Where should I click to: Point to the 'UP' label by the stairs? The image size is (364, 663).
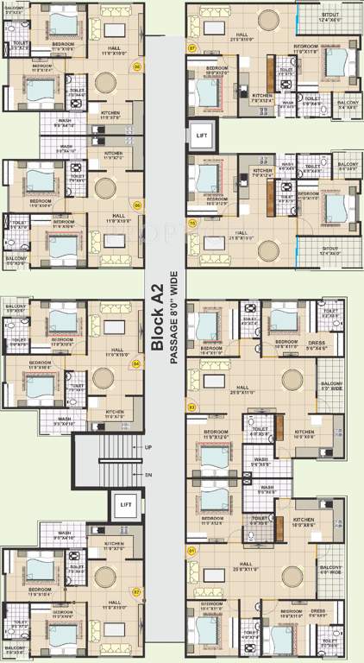(x=148, y=447)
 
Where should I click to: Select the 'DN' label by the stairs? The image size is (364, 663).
(x=148, y=475)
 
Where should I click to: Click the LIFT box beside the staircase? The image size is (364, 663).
(x=126, y=504)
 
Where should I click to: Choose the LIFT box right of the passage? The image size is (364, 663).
(x=202, y=136)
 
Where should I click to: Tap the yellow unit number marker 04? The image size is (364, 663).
(x=135, y=363)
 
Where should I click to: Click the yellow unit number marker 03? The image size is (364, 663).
(x=191, y=405)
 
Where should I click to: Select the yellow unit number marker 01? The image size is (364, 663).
(x=191, y=549)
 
